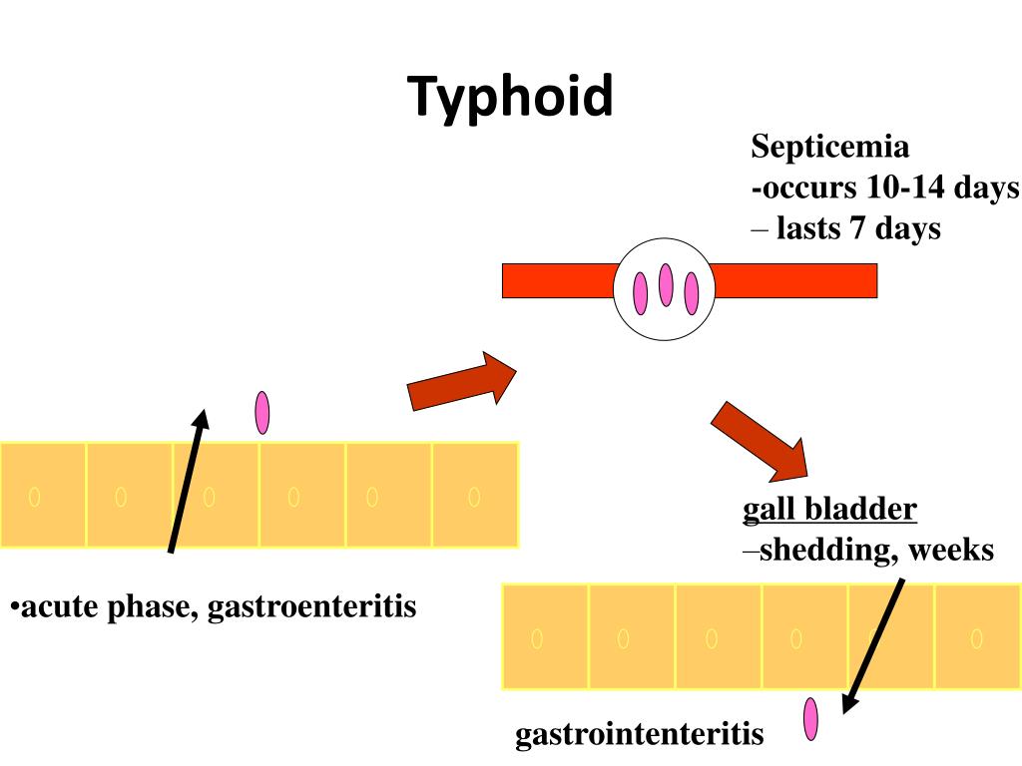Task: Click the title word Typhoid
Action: tap(510, 97)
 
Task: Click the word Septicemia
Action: tap(830, 148)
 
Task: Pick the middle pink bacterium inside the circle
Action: tap(666, 284)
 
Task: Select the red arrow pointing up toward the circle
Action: tap(462, 381)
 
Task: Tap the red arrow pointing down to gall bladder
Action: tap(760, 440)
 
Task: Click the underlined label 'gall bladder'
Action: tap(829, 511)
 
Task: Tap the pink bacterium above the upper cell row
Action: tap(262, 412)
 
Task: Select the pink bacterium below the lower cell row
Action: tap(810, 719)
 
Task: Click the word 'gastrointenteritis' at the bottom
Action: tap(639, 736)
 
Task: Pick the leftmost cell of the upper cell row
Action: tap(43, 495)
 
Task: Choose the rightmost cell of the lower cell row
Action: tap(977, 636)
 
